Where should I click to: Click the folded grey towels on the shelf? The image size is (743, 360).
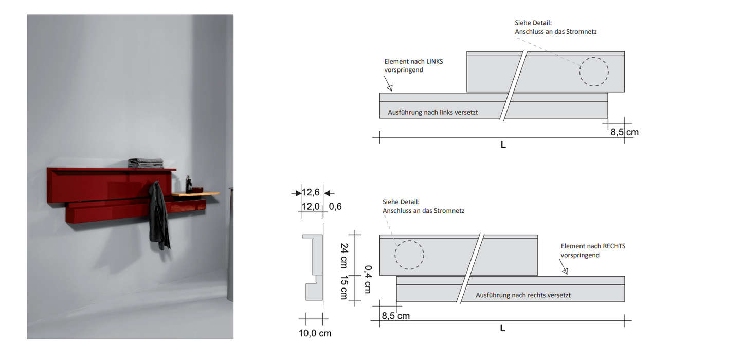click(x=146, y=163)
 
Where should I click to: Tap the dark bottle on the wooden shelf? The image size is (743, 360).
click(x=189, y=185)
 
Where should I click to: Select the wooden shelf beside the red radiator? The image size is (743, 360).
click(x=195, y=194)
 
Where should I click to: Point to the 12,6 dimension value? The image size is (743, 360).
click(x=311, y=192)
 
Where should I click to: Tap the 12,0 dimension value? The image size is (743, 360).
click(x=311, y=206)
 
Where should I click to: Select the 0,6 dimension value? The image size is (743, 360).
click(x=335, y=206)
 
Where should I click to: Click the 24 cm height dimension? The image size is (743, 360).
click(x=345, y=256)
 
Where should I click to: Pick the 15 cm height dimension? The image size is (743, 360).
click(x=345, y=287)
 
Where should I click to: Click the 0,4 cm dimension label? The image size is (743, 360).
click(x=368, y=279)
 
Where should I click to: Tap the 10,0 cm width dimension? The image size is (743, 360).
click(x=315, y=333)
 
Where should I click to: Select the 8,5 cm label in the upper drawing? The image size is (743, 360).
click(x=625, y=132)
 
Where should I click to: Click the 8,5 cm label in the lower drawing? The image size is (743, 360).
click(x=396, y=316)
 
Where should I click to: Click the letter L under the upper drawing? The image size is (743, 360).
click(x=503, y=145)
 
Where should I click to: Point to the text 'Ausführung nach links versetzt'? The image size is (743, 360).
click(x=433, y=113)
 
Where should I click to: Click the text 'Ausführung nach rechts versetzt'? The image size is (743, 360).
click(x=523, y=295)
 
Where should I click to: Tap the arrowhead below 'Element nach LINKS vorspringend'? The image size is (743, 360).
click(x=390, y=88)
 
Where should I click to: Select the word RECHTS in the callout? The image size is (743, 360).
click(x=614, y=246)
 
